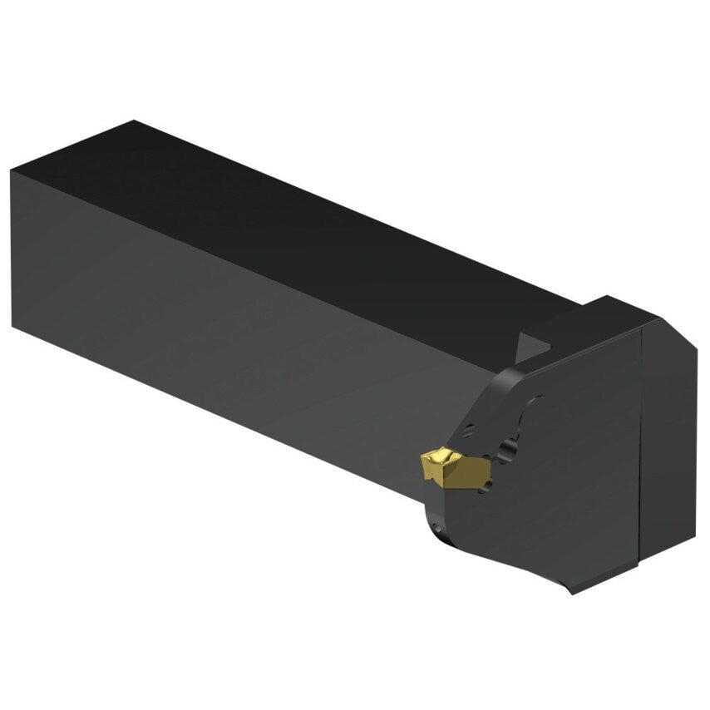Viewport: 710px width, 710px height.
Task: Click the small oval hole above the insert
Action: (470, 430)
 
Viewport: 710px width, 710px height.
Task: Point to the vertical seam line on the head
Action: (640, 441)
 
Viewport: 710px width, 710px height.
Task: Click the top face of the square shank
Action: (316, 216)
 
